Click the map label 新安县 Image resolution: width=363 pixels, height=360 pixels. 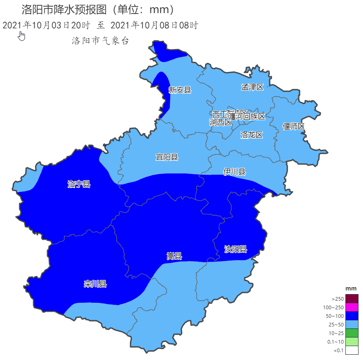(x=180, y=90)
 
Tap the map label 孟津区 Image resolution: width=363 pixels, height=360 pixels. (x=253, y=87)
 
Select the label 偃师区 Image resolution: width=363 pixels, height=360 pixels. (x=294, y=126)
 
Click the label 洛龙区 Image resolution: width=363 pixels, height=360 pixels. (x=251, y=135)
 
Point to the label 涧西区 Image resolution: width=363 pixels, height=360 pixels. (x=221, y=122)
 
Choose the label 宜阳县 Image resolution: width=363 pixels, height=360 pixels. (x=167, y=157)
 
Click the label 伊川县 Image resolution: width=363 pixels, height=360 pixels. (x=234, y=172)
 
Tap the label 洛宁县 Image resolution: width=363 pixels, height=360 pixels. (x=79, y=184)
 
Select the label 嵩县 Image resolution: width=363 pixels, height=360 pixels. (x=174, y=256)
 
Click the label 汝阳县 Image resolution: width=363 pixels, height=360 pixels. (x=236, y=249)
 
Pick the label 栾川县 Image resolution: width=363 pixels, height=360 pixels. (x=95, y=284)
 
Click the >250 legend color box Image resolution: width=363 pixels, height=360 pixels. (x=352, y=299)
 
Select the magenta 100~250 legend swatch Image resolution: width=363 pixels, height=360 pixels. (x=352, y=307)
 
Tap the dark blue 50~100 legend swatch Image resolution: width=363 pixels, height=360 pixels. (x=352, y=316)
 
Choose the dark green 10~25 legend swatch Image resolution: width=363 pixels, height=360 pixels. (x=352, y=333)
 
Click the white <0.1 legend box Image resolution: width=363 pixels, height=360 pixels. (x=352, y=350)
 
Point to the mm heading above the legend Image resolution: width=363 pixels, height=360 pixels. (x=351, y=289)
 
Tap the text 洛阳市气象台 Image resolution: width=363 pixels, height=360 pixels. (x=100, y=41)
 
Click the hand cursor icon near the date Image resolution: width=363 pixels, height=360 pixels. (x=22, y=36)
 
